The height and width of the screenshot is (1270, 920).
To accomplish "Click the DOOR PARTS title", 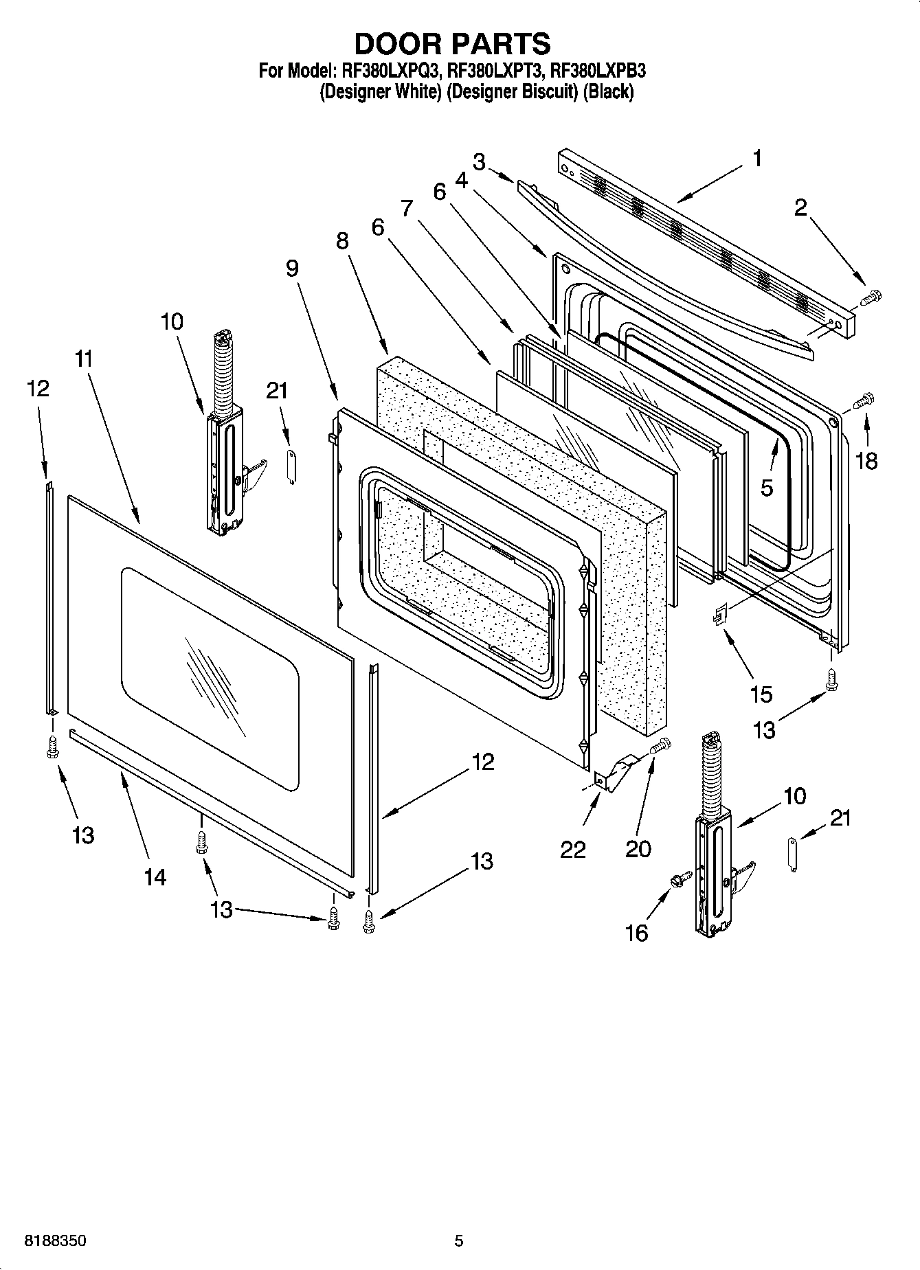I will pos(452,43).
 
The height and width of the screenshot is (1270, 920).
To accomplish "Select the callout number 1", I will pos(756,159).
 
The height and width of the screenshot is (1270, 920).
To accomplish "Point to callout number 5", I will pos(767,488).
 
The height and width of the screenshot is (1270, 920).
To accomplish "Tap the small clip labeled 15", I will pos(718,614).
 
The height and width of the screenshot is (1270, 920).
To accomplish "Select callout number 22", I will pos(572,850).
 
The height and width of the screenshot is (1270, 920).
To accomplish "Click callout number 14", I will pos(155,876).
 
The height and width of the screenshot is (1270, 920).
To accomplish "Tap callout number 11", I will pos(84,359).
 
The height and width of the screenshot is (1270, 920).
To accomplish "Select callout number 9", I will pos(292,268).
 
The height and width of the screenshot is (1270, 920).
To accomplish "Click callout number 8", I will pos(341,241).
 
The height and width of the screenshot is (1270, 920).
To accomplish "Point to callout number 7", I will pos(407,207).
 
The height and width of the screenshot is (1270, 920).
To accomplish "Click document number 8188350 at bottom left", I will pos(55,1241).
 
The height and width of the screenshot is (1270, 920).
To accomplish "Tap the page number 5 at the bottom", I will pos(459,1241).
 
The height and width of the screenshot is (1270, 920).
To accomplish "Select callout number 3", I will pos(479,162).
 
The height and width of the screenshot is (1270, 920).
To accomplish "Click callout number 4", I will pos(461,180).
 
